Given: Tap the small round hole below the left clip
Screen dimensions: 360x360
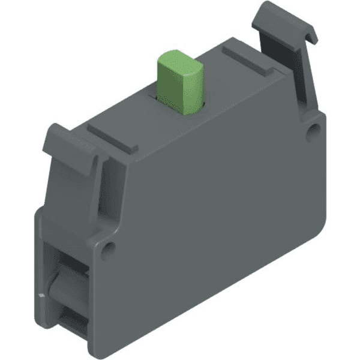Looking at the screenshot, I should pos(109,246).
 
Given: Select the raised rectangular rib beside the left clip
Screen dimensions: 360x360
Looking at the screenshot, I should pos(112,137).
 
